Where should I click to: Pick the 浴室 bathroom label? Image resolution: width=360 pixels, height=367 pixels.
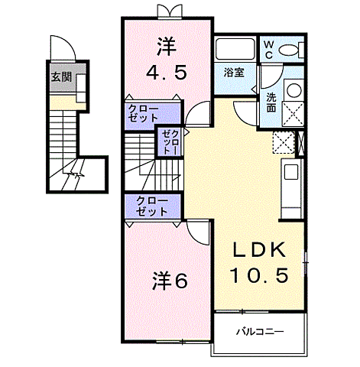[234, 73]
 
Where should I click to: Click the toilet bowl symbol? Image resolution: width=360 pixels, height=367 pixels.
[290, 50]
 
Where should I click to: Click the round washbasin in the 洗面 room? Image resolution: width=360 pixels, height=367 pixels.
[293, 89]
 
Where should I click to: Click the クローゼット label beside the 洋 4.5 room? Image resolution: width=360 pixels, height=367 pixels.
[143, 114]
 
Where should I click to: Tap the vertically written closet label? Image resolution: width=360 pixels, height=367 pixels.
[168, 141]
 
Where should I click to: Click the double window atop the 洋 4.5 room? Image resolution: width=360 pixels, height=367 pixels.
[167, 11]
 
